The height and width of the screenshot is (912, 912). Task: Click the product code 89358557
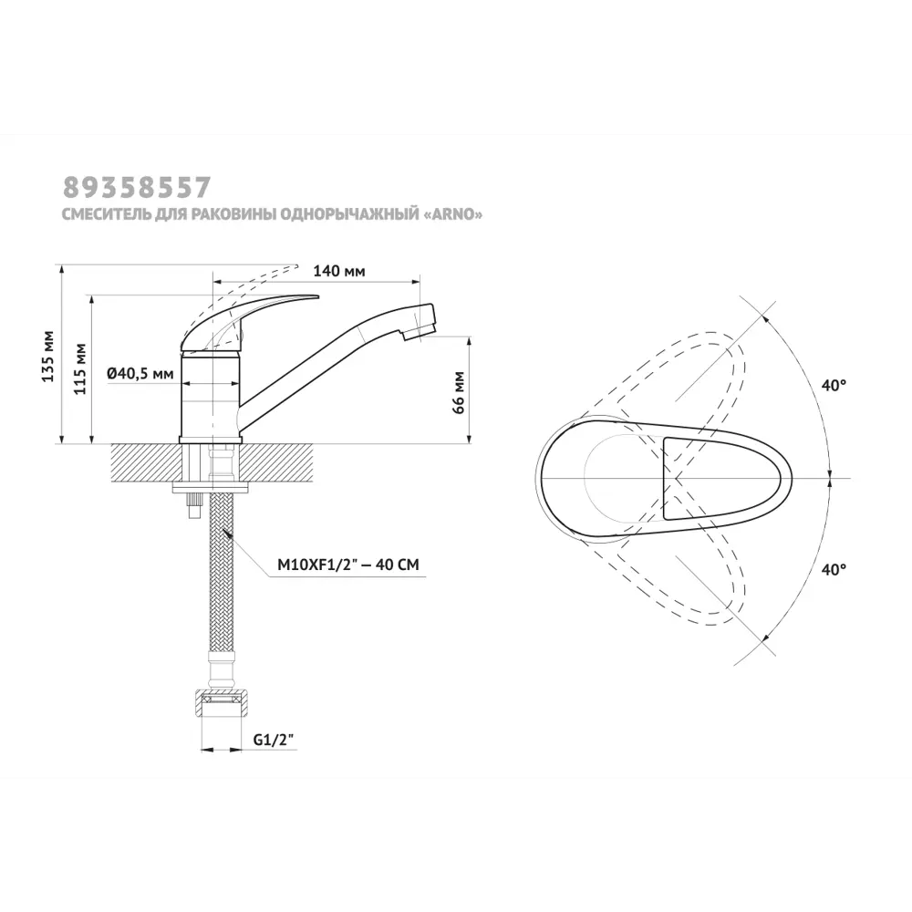point(137,187)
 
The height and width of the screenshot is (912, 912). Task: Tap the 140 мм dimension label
point(339,271)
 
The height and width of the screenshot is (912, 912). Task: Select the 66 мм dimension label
point(458,391)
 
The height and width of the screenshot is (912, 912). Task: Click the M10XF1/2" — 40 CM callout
point(347,565)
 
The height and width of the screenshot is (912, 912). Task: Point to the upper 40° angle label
point(833,386)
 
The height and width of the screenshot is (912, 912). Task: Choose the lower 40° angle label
point(833,569)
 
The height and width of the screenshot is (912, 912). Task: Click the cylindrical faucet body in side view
point(210,397)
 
